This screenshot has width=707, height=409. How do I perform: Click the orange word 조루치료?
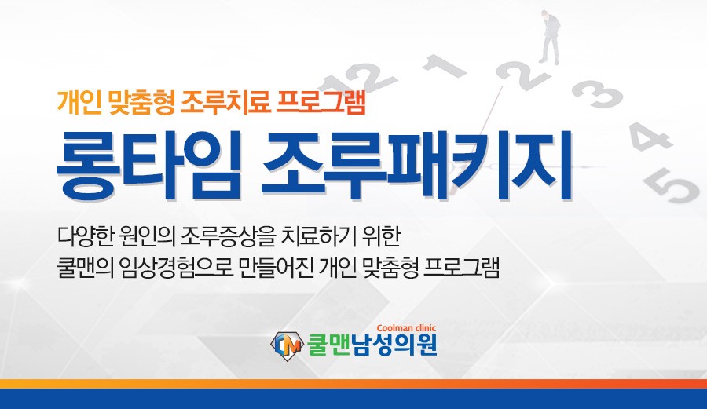225,103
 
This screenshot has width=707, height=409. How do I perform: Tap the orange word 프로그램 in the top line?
321,103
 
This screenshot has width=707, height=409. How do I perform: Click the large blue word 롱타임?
148,165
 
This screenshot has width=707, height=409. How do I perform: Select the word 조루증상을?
227,236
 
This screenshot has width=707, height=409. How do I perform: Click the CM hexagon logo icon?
286,345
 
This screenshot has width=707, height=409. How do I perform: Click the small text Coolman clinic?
406,328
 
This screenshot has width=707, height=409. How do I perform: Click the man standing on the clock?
550,37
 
